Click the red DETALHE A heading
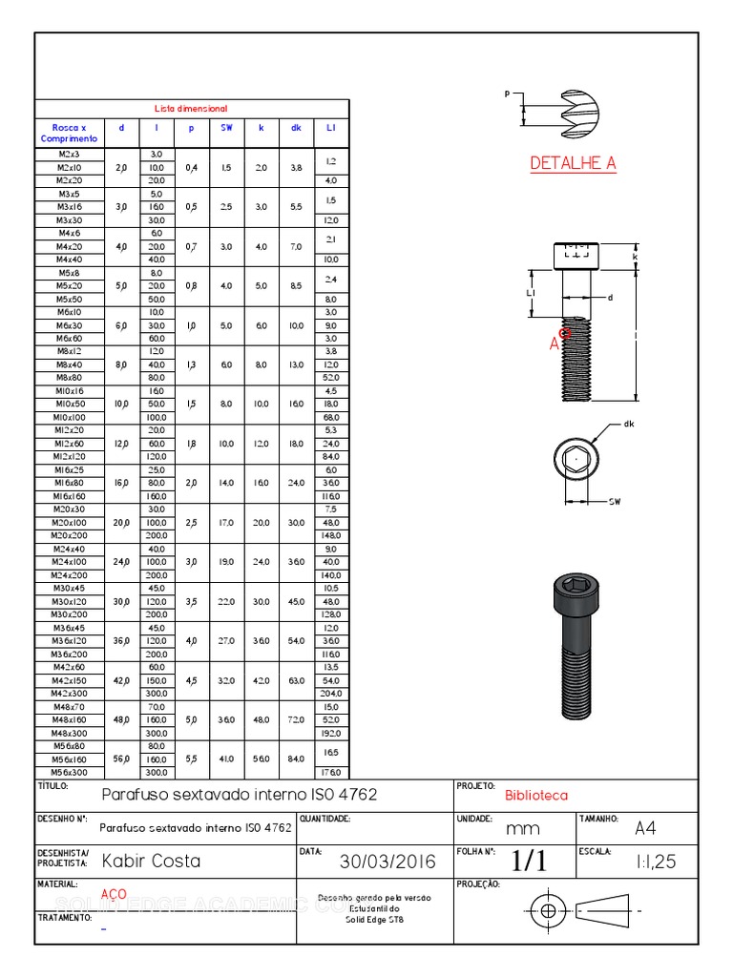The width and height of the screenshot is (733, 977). pyautogui.click(x=573, y=163)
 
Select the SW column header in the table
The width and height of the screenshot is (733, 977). pyautogui.click(x=226, y=127)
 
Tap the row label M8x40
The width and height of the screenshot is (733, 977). pyautogui.click(x=69, y=364)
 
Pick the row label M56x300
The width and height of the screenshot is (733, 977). pyautogui.click(x=69, y=772)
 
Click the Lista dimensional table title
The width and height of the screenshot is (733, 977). pyautogui.click(x=192, y=109)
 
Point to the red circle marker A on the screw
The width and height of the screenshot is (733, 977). pyautogui.click(x=565, y=333)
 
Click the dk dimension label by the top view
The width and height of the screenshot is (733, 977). pyautogui.click(x=629, y=424)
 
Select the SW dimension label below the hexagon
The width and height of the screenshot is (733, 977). pyautogui.click(x=615, y=501)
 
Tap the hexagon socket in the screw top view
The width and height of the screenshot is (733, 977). pyautogui.click(x=576, y=460)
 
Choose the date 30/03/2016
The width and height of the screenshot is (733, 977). pyautogui.click(x=387, y=862)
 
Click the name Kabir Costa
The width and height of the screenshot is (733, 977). pyautogui.click(x=151, y=861)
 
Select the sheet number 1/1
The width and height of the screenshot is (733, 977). pyautogui.click(x=529, y=861)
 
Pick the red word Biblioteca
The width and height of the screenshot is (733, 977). pyautogui.click(x=536, y=795)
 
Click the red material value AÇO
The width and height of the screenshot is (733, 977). pyautogui.click(x=114, y=894)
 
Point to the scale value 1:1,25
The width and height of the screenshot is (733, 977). pyautogui.click(x=656, y=862)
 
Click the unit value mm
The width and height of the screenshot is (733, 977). pyautogui.click(x=523, y=828)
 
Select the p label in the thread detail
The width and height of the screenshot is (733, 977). pyautogui.click(x=508, y=94)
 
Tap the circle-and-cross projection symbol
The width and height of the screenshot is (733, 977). pyautogui.click(x=547, y=910)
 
